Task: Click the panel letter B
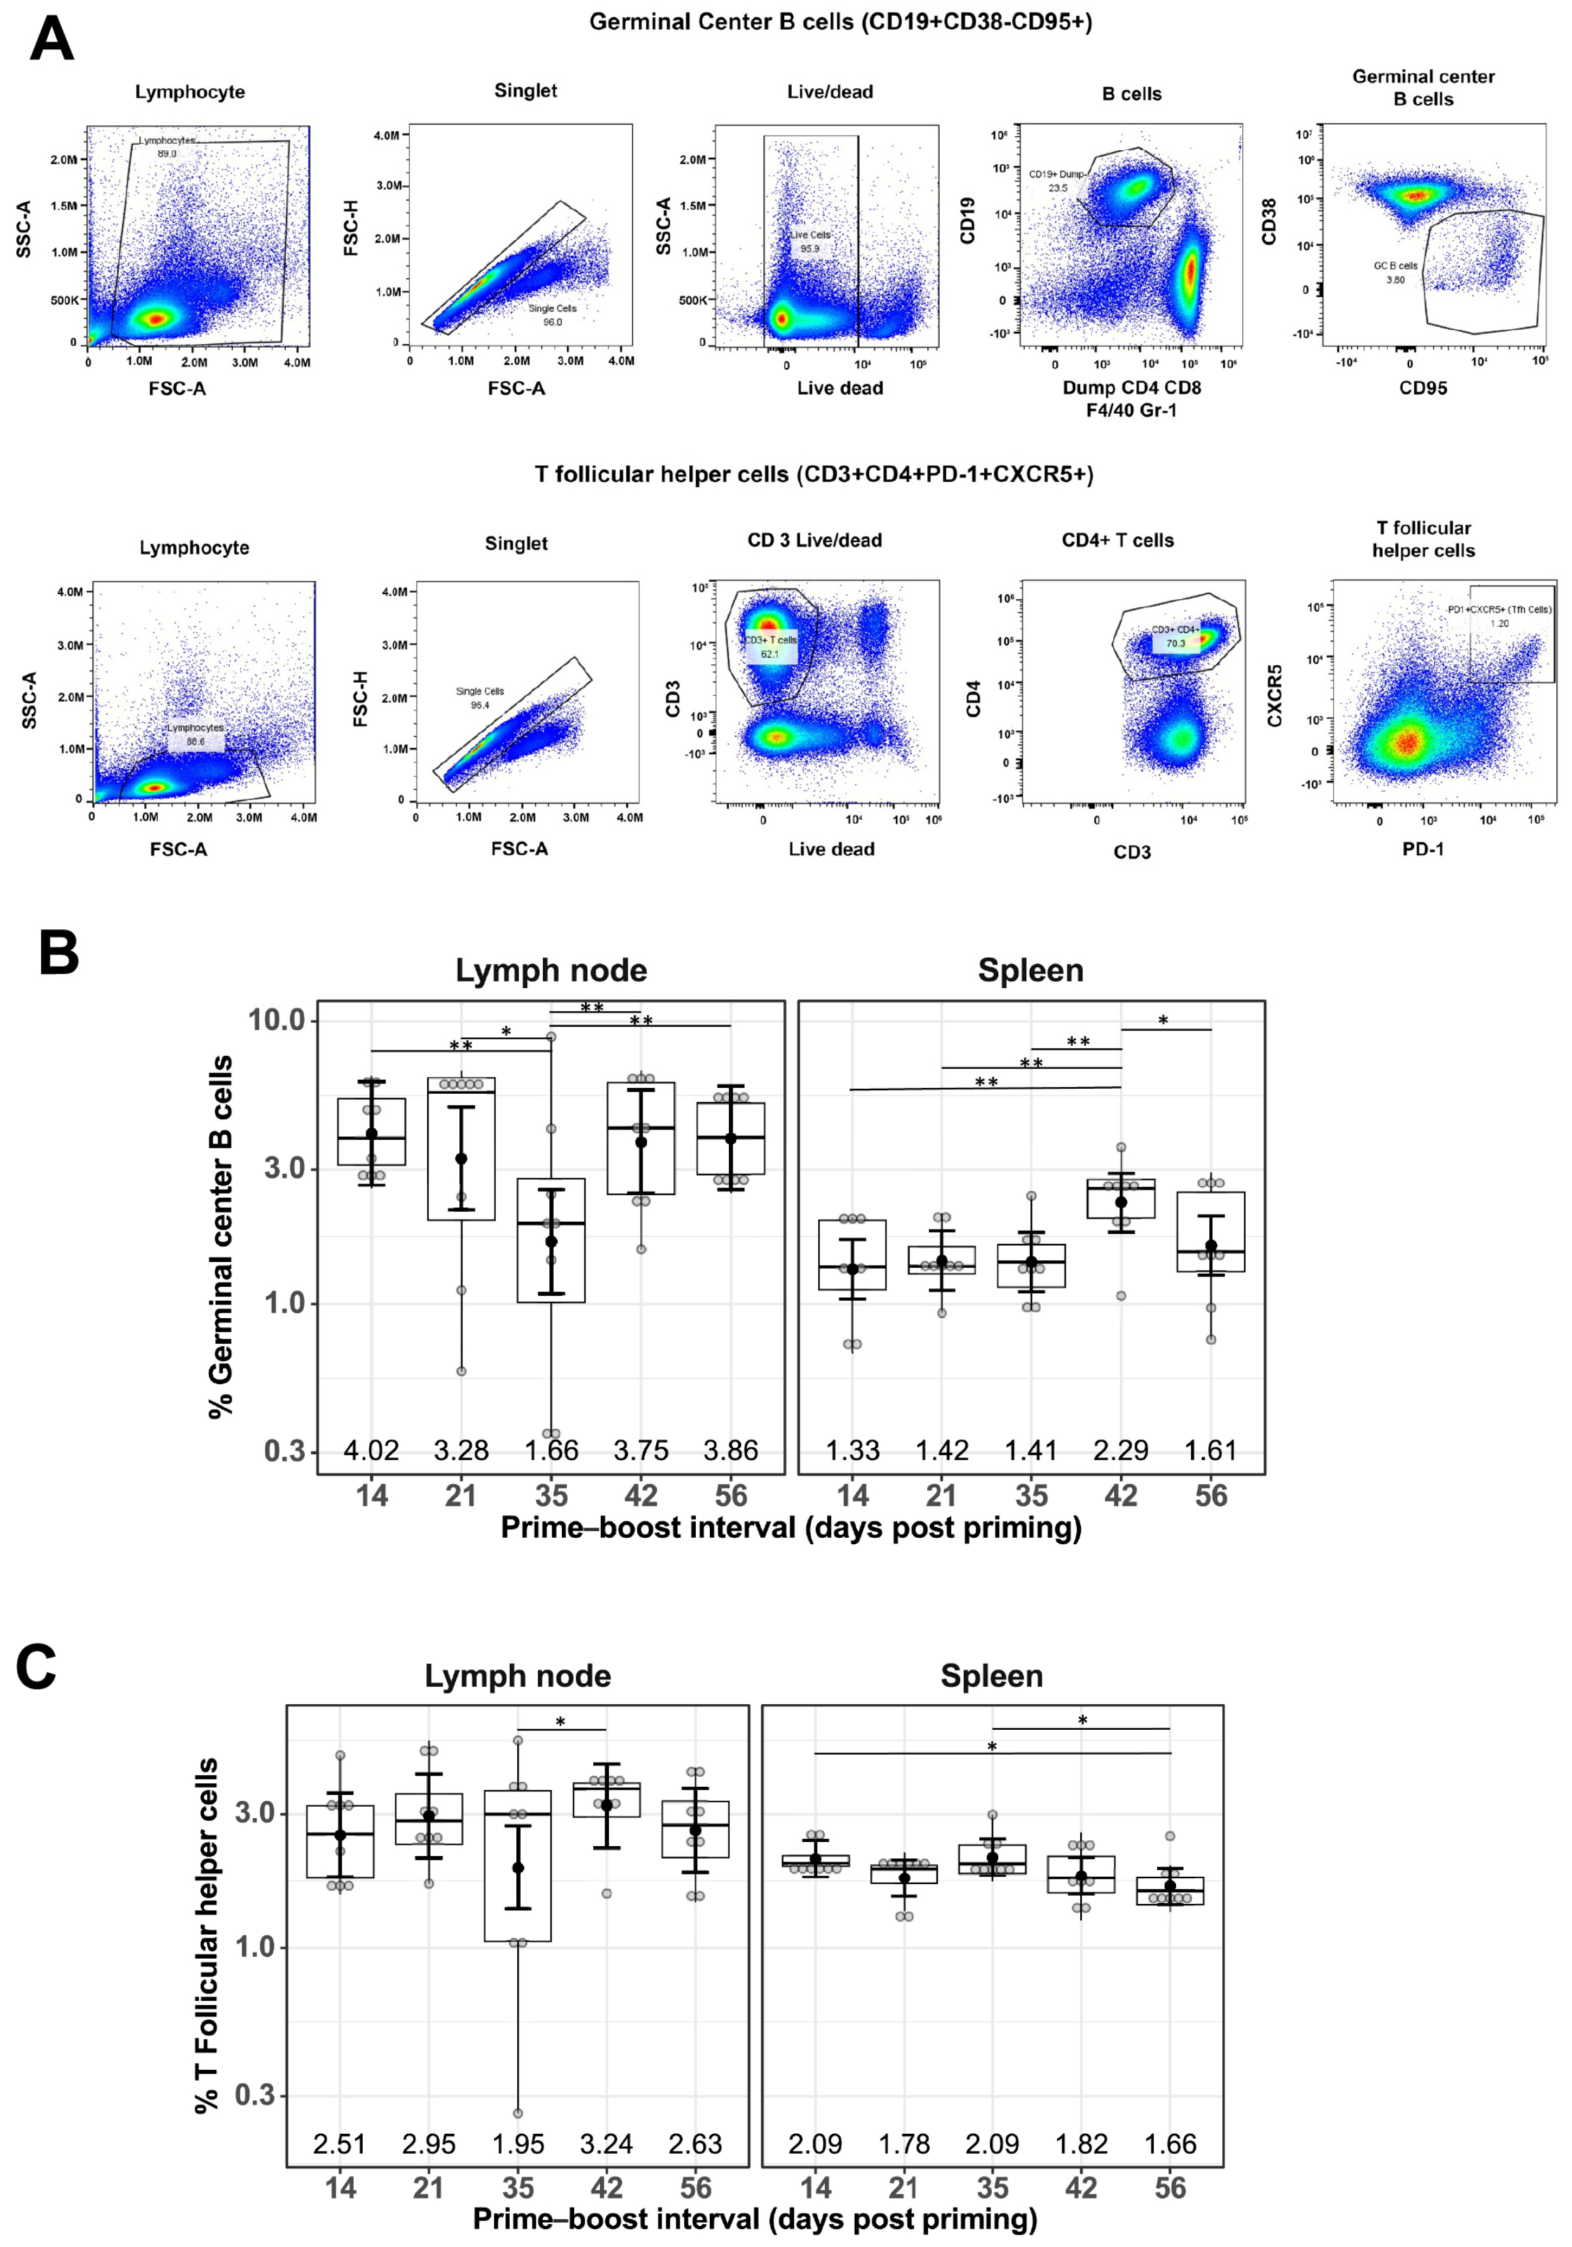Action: [x=59, y=952]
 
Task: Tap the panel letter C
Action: [x=36, y=1666]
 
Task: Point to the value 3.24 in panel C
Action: [x=607, y=2144]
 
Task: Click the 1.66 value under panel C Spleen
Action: [x=1171, y=2144]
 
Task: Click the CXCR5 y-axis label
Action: [x=1274, y=696]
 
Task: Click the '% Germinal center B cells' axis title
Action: [x=221, y=1236]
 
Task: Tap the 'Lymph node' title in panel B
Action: [x=551, y=970]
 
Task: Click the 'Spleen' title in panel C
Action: [x=992, y=1675]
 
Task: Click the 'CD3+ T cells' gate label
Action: [x=771, y=640]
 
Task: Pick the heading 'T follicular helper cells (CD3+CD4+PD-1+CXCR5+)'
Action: [x=813, y=474]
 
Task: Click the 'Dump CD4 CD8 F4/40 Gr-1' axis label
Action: [x=1132, y=399]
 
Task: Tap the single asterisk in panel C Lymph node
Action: [x=561, y=1723]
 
